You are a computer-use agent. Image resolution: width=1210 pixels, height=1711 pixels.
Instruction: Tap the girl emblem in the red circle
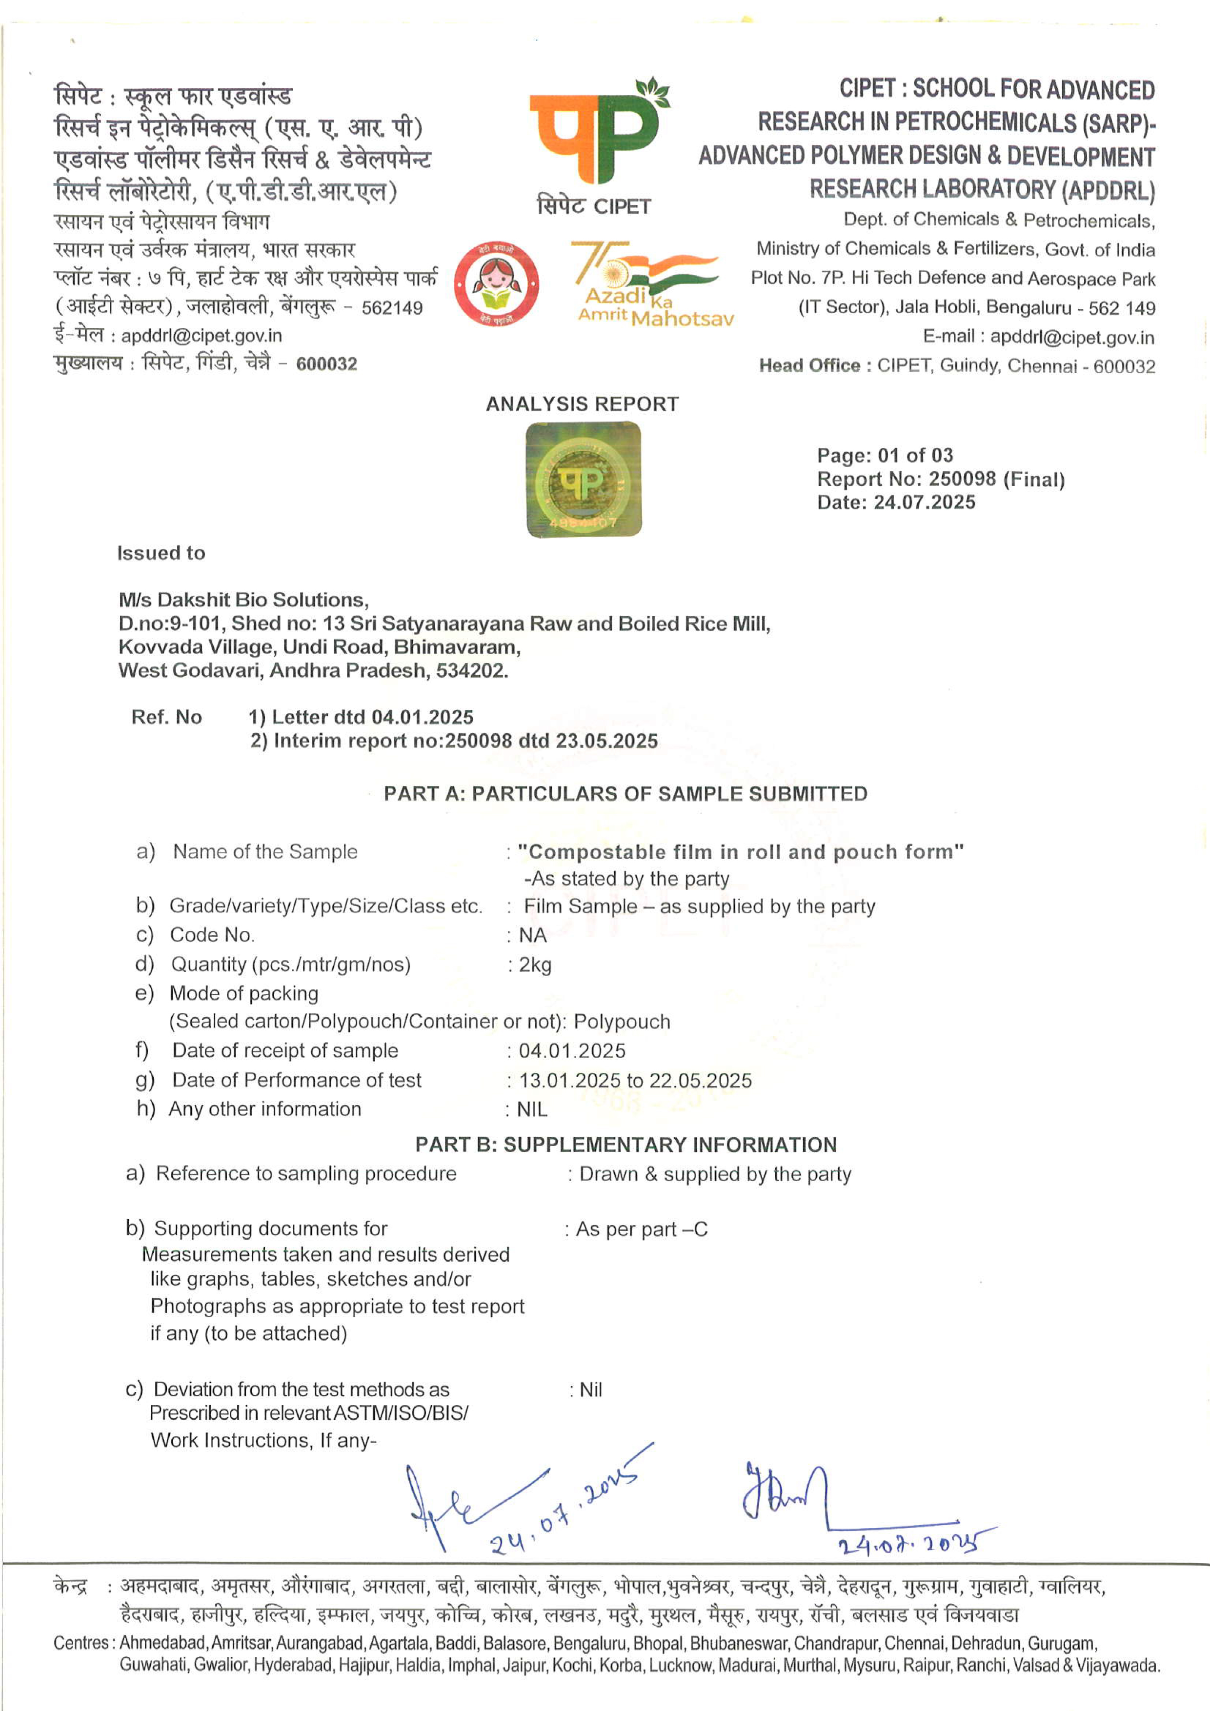pos(496,284)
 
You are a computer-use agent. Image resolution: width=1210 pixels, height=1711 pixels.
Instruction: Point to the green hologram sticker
pos(584,479)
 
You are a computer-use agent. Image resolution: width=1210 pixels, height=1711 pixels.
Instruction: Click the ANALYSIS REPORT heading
pos(582,404)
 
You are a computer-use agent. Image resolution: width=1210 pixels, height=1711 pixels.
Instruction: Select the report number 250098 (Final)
pos(996,479)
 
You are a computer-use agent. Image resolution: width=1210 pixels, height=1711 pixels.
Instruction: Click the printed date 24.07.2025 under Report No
pos(924,502)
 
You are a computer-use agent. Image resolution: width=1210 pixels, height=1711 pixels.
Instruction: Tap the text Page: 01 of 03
pos(885,455)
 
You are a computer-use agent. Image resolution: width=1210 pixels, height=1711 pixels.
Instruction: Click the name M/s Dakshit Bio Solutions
pos(243,600)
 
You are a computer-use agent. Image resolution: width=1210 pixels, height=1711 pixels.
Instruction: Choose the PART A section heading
pos(625,794)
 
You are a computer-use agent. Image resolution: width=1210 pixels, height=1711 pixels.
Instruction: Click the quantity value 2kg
pos(535,965)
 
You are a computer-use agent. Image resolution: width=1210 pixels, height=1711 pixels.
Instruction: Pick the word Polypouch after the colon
pos(622,1022)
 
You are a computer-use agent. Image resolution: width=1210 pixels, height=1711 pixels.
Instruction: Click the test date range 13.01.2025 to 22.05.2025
pos(635,1081)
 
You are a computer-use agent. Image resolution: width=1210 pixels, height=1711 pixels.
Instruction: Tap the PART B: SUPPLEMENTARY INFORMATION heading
pos(626,1145)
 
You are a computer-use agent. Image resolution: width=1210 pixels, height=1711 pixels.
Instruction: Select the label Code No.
pos(212,935)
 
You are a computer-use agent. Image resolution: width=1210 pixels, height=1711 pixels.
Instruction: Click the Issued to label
pos(161,553)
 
